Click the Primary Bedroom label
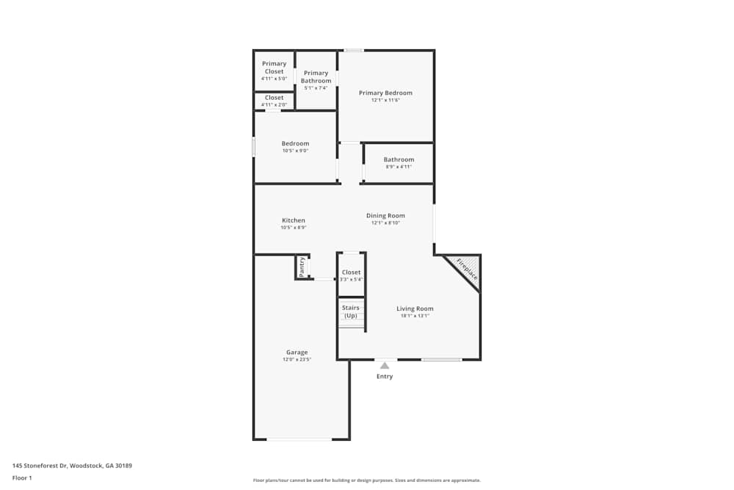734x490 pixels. pyautogui.click(x=385, y=93)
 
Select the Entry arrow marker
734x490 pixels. pyautogui.click(x=384, y=364)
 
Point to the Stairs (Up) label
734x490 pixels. pyautogui.click(x=351, y=311)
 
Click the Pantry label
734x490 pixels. pyautogui.click(x=302, y=267)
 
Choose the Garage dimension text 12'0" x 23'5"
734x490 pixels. pyautogui.click(x=297, y=359)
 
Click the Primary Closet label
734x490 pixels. pyautogui.click(x=275, y=68)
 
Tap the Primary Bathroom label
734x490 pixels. pyautogui.click(x=316, y=76)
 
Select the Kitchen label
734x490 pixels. pyautogui.click(x=294, y=220)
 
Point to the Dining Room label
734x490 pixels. pyautogui.click(x=385, y=216)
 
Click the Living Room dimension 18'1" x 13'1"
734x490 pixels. pyautogui.click(x=415, y=316)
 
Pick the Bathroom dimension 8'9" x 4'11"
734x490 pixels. pyautogui.click(x=399, y=167)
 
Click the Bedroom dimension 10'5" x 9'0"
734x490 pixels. pyautogui.click(x=295, y=151)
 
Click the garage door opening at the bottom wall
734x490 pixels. pyautogui.click(x=299, y=439)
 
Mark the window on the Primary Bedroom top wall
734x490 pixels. pyautogui.click(x=354, y=50)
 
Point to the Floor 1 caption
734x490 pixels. pyautogui.click(x=22, y=478)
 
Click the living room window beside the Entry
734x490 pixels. pyautogui.click(x=441, y=359)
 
